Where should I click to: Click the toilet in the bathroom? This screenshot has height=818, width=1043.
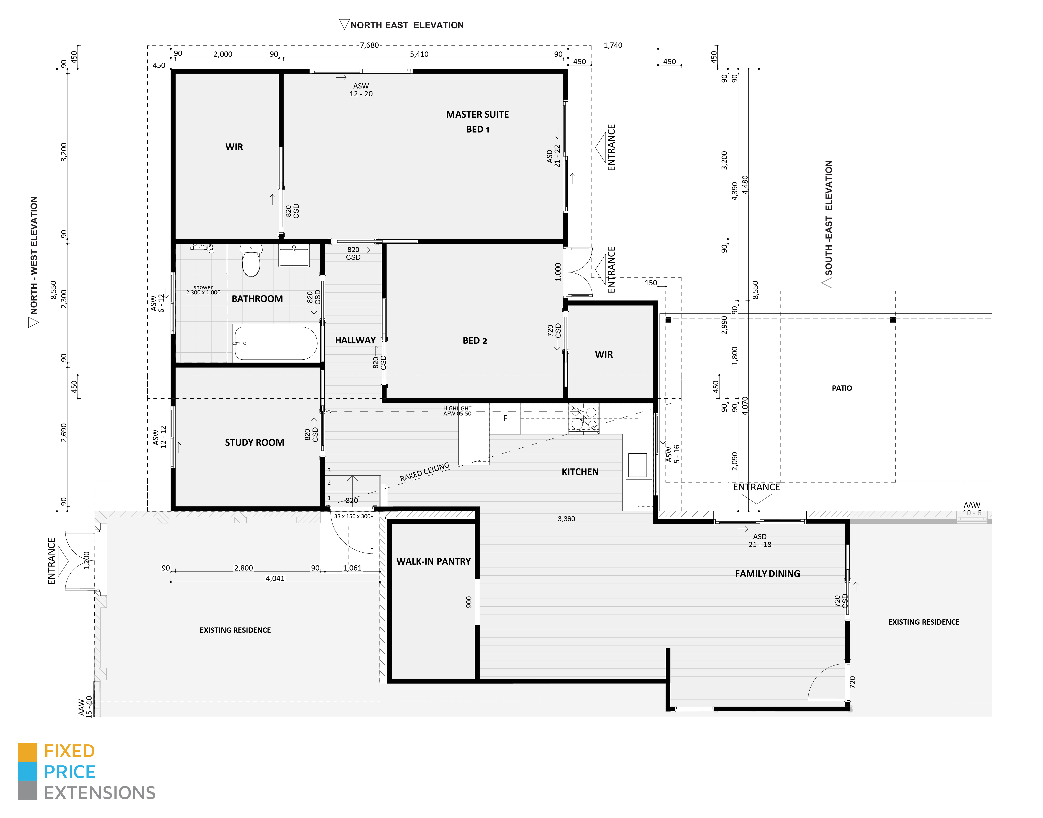(x=251, y=261)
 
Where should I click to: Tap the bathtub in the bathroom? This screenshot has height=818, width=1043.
(x=275, y=343)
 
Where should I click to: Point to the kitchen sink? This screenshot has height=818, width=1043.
(x=638, y=465)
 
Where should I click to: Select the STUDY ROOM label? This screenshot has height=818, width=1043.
(x=254, y=443)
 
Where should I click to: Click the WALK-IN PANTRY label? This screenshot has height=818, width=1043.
(x=433, y=561)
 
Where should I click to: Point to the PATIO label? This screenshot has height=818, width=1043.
(x=841, y=388)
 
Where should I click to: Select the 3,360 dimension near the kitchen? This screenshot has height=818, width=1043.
(x=566, y=519)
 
